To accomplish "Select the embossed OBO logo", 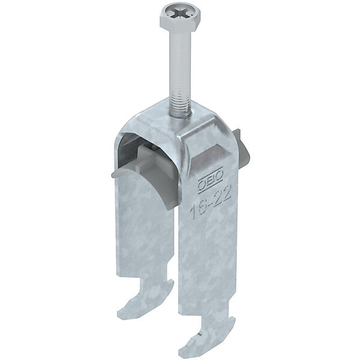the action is tap(211, 180).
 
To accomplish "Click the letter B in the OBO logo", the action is tap(211, 181).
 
